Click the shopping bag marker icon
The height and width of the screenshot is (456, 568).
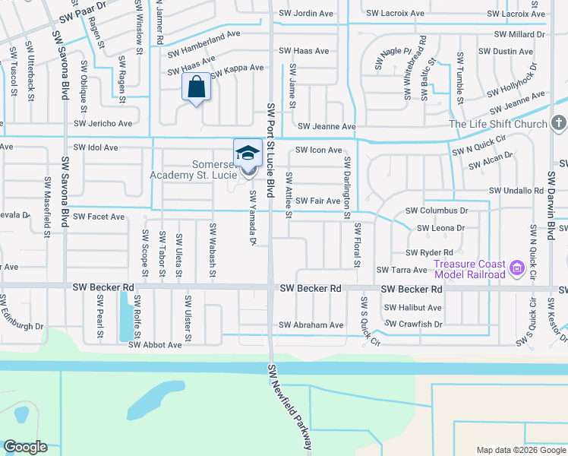[197, 87]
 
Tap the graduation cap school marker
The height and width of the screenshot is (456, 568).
[248, 154]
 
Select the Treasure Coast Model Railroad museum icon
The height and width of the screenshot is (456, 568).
[517, 268]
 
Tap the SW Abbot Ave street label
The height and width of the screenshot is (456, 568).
[155, 344]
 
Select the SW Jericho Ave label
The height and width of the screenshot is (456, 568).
[103, 123]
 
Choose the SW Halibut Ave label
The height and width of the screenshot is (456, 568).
[412, 308]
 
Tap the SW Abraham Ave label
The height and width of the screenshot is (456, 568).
[311, 325]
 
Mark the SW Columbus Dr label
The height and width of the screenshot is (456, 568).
[436, 210]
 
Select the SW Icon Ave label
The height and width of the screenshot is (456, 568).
[318, 150]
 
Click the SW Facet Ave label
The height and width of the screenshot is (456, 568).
[95, 217]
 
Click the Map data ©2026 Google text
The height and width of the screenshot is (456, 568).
[521, 449]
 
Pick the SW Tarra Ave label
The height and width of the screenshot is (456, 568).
[402, 270]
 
